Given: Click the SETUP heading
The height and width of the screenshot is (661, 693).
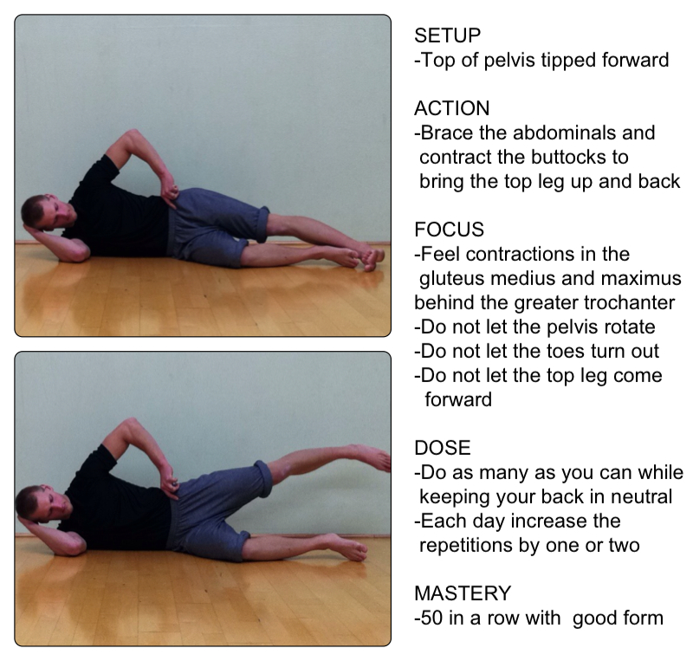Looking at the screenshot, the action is point(447,36).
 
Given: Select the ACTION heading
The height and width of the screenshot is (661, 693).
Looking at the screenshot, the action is point(451,108).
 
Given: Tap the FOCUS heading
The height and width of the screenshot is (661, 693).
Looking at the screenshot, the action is point(449,230).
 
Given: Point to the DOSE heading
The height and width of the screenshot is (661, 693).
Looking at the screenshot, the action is point(443,448).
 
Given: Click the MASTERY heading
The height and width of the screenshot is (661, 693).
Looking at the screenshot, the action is point(463,593).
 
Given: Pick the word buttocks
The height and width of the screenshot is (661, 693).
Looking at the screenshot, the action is point(569,157).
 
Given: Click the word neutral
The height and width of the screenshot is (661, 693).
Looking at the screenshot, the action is point(641,496).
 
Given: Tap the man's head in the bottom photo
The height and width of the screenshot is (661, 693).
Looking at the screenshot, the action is point(43,503).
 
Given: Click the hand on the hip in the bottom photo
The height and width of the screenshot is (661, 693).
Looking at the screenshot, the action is point(169,481).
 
